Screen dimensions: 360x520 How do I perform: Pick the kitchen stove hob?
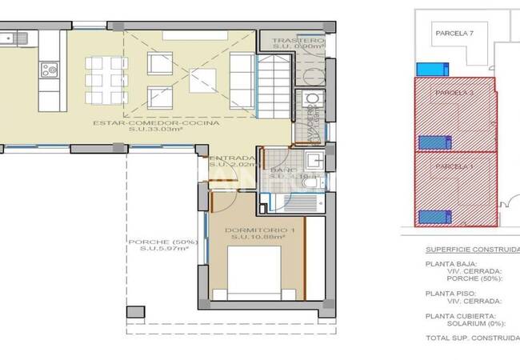[50, 70]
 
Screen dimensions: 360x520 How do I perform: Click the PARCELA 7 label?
[455, 34]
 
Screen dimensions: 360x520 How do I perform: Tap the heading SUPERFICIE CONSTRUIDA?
[472, 250]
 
